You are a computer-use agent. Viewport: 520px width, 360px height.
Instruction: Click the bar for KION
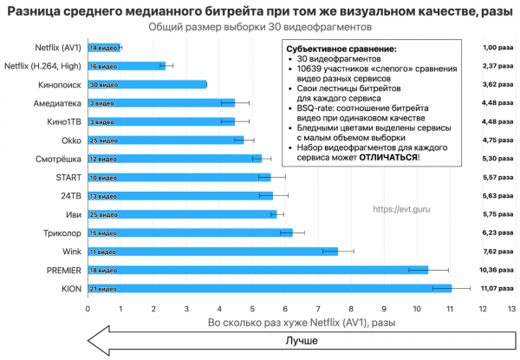coord(269,288)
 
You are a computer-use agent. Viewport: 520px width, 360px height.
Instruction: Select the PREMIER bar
coord(257,270)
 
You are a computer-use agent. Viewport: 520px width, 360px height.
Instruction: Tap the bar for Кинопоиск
coord(146,84)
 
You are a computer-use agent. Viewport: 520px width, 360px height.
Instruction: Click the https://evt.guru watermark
coord(401,208)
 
